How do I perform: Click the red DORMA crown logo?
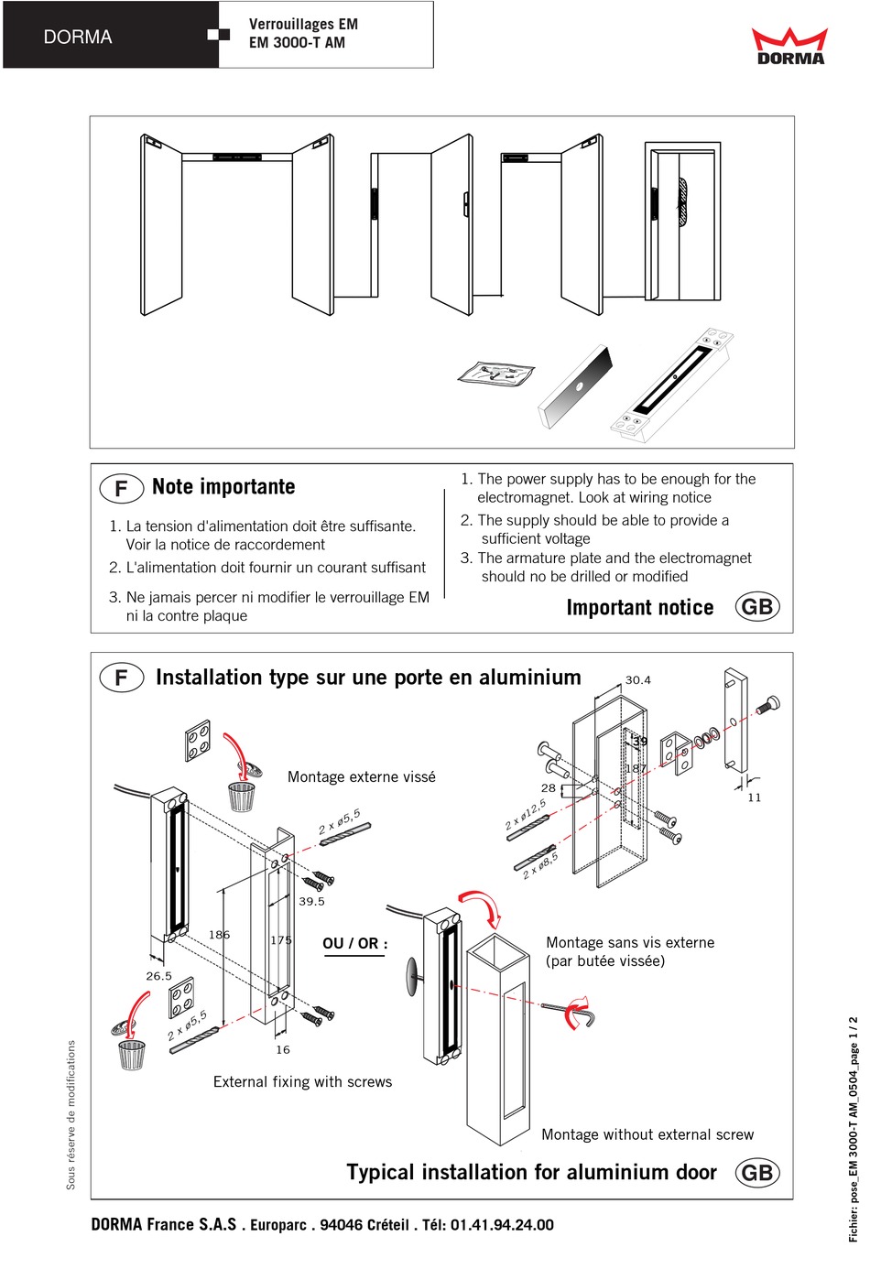[x=789, y=46]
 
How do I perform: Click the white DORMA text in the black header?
[x=78, y=38]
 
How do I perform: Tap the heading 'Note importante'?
[x=223, y=487]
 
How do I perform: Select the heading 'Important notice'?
[x=639, y=608]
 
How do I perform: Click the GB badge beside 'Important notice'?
[x=757, y=607]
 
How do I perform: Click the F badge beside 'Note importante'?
[x=121, y=488]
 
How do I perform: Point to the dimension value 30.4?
[x=637, y=680]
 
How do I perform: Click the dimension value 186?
[x=219, y=935]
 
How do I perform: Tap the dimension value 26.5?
[x=158, y=976]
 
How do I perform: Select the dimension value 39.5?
[x=311, y=901]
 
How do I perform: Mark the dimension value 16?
[x=283, y=1049]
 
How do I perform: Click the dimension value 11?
[x=755, y=797]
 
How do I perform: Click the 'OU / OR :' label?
[x=354, y=943]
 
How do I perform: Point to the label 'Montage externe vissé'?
[x=361, y=776]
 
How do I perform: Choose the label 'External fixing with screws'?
[x=302, y=1081]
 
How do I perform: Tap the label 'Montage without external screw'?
[x=647, y=1134]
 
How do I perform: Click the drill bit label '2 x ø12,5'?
[x=526, y=814]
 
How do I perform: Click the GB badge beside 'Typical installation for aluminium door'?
[x=757, y=1173]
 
